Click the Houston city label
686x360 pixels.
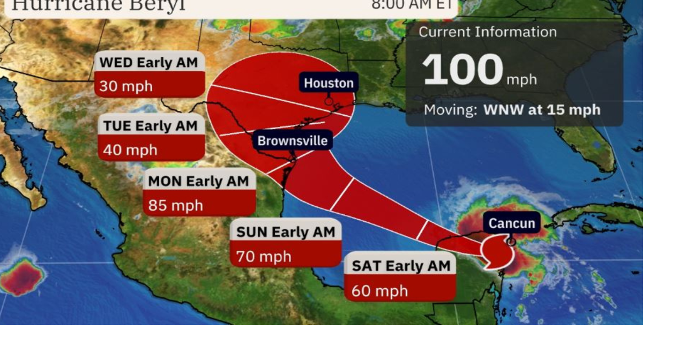[x=329, y=83]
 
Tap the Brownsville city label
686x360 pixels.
[x=292, y=141]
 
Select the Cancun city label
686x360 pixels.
[x=512, y=223]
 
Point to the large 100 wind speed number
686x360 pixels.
[x=463, y=70]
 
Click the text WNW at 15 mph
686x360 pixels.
[x=541, y=110]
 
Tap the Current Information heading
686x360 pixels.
[x=487, y=32]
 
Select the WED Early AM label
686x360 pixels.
[x=149, y=62]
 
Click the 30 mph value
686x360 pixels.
[x=126, y=86]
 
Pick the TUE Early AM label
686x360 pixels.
[x=151, y=126]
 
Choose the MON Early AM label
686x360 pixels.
[x=198, y=181]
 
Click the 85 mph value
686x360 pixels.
[x=176, y=205]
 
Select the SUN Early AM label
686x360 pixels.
[x=286, y=232]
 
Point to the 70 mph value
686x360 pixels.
[x=264, y=257]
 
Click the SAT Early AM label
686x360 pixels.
[x=401, y=266]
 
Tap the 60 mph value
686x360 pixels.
[x=380, y=291]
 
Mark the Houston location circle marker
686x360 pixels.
[x=329, y=101]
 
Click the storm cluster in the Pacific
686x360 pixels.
[x=21, y=276]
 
